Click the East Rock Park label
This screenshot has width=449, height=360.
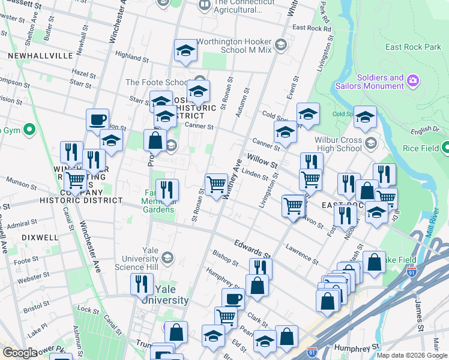tap(413, 47)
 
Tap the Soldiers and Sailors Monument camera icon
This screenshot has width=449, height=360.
tap(413, 80)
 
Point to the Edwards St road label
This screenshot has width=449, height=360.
tap(249, 247)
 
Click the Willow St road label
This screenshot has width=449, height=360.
tap(263, 161)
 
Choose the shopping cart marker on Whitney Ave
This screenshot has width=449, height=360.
tap(216, 184)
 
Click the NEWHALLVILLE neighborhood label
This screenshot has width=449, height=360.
tap(41, 56)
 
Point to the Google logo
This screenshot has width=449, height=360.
tap(20, 353)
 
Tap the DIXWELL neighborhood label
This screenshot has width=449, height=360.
tap(40, 238)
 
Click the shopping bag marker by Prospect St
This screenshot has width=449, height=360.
tap(155, 140)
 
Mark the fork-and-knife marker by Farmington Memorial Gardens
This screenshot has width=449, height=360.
tap(167, 190)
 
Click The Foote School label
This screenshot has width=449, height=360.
tap(156, 83)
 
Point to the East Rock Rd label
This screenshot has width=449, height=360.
tap(311, 28)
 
